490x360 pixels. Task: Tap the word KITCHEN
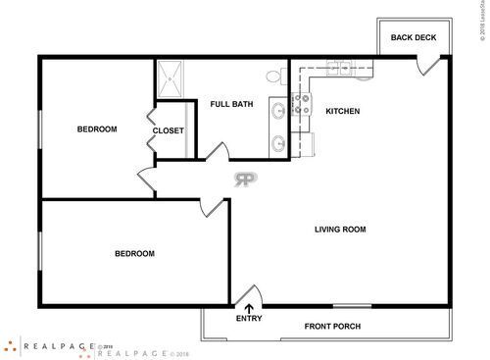pos(343,111)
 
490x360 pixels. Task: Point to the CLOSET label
pos(169,130)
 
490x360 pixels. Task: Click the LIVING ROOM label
pos(340,230)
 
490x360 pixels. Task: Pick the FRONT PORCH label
pos(332,327)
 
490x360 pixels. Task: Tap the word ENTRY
pos(249,319)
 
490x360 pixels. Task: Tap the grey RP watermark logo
pos(245,179)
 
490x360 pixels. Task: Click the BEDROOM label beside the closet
pos(98,129)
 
